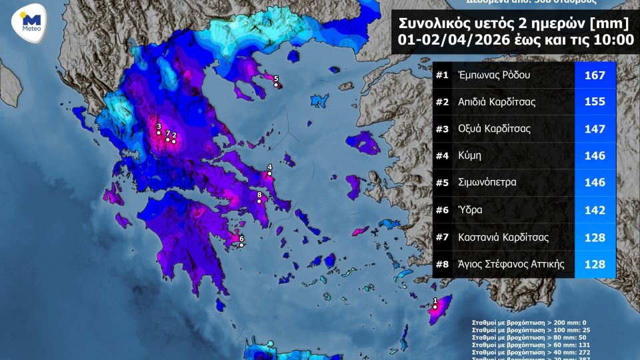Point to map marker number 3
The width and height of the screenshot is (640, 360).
click(x=159, y=133)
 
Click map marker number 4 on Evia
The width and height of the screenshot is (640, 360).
click(x=269, y=174)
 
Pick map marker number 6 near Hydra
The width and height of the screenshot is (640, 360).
click(x=241, y=245)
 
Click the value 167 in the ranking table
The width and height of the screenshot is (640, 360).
click(x=594, y=75)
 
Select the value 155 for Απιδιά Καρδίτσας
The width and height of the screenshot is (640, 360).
click(x=594, y=102)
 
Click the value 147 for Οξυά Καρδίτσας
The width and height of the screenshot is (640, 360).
click(x=594, y=129)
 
